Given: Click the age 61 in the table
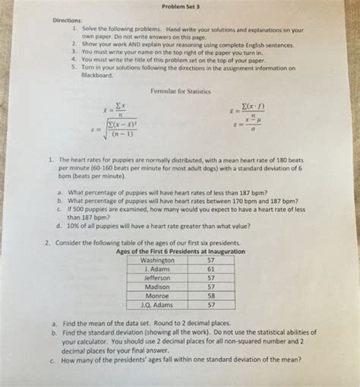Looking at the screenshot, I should click(x=211, y=269).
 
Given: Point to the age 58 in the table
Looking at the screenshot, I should click(x=211, y=297).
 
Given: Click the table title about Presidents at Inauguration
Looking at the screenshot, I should click(x=180, y=251).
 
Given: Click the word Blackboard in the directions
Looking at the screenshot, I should click(x=95, y=76).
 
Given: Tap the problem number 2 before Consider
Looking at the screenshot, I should click(x=48, y=242).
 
